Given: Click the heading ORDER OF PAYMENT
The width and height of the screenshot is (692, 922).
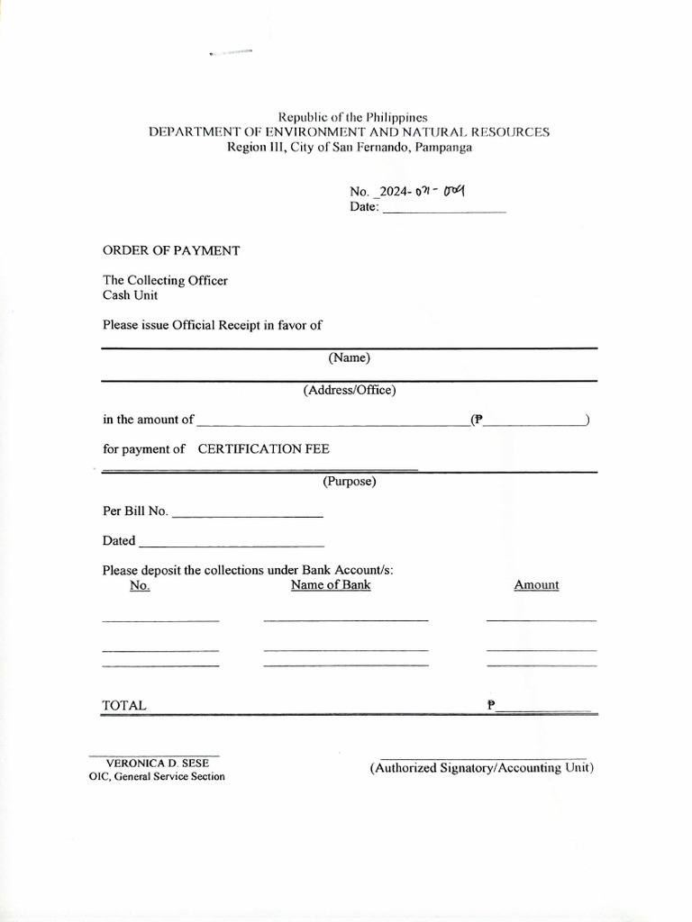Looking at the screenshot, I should [171, 250].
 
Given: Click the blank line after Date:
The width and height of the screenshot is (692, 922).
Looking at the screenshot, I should [444, 209].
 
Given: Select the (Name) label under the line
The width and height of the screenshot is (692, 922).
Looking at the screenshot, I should [350, 357].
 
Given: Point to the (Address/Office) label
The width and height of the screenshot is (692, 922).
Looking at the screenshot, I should [350, 390].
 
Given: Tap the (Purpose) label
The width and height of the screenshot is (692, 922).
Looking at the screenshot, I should [350, 481].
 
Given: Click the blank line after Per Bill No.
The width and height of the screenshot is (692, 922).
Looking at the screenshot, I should [247, 513].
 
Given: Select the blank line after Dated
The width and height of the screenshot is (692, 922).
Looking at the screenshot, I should [232, 543].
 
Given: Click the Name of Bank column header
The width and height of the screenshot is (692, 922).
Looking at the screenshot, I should [331, 584].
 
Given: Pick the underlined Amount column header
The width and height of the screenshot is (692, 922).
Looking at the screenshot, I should [536, 584].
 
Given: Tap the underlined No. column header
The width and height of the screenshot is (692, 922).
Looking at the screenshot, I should [140, 585].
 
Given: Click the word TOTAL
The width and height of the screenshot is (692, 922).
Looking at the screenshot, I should [124, 706].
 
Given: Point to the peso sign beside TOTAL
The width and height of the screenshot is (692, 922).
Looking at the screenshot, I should [491, 706].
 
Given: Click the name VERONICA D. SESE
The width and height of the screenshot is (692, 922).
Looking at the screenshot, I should [157, 763].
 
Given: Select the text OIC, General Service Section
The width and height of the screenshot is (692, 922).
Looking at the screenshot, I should [157, 776].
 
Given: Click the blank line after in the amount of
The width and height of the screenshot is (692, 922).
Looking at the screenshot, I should [332, 421].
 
